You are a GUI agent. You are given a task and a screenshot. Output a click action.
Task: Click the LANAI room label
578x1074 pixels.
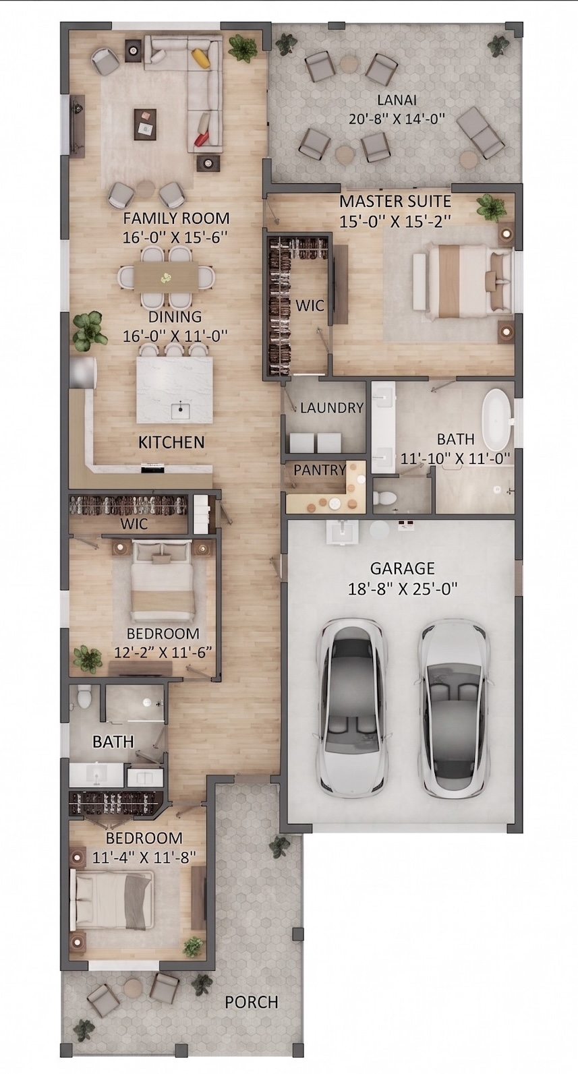click(x=396, y=100)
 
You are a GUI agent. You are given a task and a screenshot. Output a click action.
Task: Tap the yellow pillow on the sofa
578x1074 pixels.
click(x=202, y=58)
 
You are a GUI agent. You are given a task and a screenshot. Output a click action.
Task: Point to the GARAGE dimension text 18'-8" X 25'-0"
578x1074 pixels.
click(x=403, y=589)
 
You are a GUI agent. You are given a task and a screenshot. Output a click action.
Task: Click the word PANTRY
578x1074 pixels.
click(x=320, y=470)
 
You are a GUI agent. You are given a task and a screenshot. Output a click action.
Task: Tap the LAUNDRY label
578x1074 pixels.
click(x=331, y=408)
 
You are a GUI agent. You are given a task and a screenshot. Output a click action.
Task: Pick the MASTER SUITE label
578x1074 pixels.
click(x=395, y=201)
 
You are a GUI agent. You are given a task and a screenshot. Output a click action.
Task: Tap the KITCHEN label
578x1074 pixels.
click(x=171, y=442)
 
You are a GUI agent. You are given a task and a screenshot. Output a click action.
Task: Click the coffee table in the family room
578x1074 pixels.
click(x=145, y=123)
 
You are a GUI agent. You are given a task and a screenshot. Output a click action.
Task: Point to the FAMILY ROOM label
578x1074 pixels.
click(x=177, y=218)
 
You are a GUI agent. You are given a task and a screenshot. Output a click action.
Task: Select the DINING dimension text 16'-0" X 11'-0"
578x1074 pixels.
click(x=175, y=336)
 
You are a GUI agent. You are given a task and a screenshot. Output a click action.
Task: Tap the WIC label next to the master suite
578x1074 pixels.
click(x=310, y=305)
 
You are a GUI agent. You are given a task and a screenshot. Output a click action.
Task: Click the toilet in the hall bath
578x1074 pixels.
click(x=84, y=696)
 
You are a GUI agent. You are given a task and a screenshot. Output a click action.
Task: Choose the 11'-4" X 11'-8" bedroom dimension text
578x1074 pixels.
click(x=144, y=858)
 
